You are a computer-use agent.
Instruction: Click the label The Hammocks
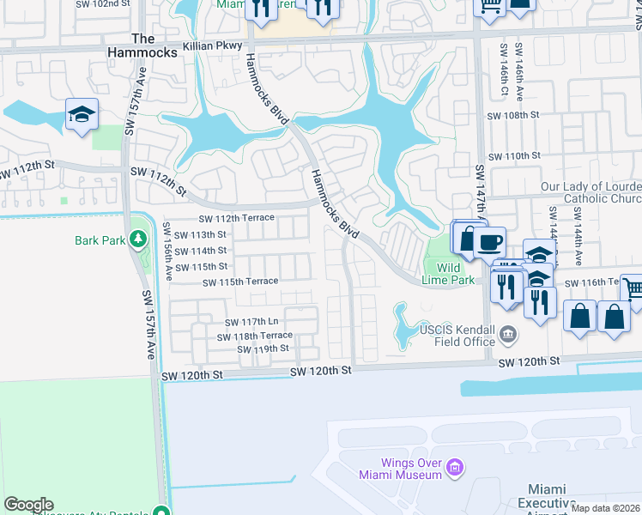click(143, 45)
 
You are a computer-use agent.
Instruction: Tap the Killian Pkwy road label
click(212, 45)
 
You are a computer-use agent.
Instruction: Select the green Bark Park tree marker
click(137, 238)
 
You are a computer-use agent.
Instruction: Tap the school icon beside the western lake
click(82, 114)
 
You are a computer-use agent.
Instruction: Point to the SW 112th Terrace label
click(236, 218)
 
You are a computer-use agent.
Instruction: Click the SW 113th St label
click(200, 234)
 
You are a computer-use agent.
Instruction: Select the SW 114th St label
click(200, 251)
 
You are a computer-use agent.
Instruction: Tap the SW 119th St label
click(263, 348)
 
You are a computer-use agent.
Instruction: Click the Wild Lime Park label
click(447, 272)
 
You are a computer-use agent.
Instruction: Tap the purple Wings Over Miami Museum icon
click(456, 469)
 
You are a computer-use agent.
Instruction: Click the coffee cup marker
click(489, 242)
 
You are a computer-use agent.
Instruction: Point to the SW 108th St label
click(512, 115)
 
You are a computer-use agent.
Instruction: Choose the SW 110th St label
click(513, 156)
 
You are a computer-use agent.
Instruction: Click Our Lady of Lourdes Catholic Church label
click(591, 193)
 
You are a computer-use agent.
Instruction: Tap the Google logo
click(28, 505)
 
